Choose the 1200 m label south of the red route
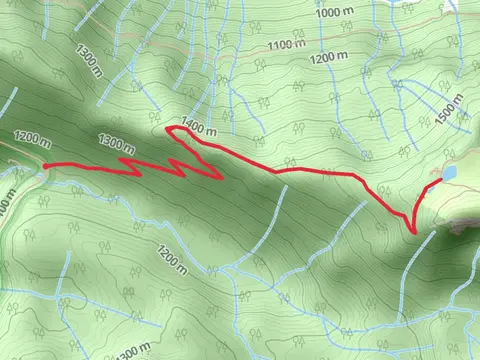pyautogui.click(x=171, y=259)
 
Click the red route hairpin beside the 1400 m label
pyautogui.click(x=168, y=130)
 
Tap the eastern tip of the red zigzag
pyautogui.click(x=221, y=179)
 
